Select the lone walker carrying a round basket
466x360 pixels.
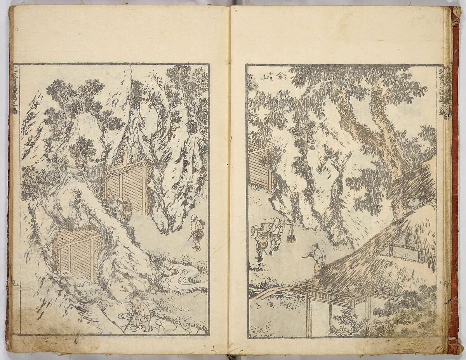(196, 232)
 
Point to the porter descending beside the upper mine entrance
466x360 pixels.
(125, 209)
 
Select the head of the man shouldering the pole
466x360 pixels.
(276, 221)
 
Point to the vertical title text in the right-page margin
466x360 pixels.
(445, 93)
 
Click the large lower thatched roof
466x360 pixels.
(373, 256)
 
